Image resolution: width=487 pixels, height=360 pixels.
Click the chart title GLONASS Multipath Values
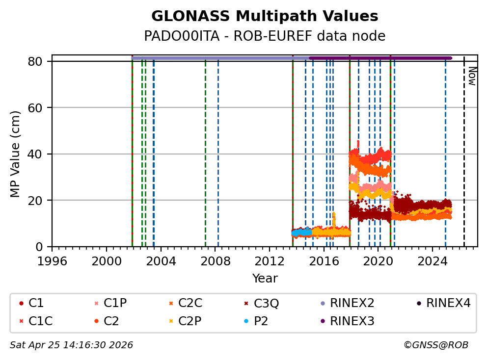pyautogui.click(x=265, y=16)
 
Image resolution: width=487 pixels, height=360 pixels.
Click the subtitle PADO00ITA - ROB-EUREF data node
pyautogui.click(x=265, y=36)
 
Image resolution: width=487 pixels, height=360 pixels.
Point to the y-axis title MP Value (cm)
pyautogui.click(x=16, y=154)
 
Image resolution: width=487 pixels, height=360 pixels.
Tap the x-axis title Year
pyautogui.click(x=265, y=279)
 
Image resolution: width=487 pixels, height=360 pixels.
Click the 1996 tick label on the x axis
pyautogui.click(x=52, y=261)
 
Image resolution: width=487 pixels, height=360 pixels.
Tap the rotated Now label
pyautogui.click(x=472, y=76)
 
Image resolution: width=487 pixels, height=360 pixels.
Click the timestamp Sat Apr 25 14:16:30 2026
pyautogui.click(x=71, y=345)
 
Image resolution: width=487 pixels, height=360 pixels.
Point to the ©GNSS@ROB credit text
pyautogui.click(x=436, y=345)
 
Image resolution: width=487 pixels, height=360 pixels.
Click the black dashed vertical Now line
pyautogui.click(x=464, y=157)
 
